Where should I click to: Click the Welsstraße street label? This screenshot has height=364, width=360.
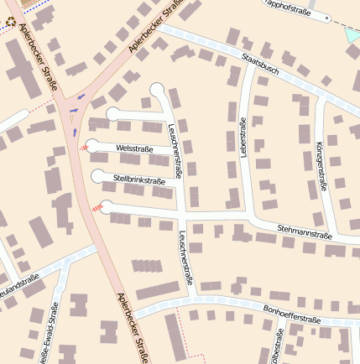tap(134, 149)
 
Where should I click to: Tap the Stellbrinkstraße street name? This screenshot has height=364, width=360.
tap(139, 179)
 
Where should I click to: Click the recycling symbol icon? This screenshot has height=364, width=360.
tap(11, 20)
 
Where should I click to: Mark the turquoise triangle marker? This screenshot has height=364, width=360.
tap(352, 35)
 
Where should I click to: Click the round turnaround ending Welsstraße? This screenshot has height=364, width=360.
tap(92, 145)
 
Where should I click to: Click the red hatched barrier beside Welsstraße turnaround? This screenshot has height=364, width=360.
tap(83, 146)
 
